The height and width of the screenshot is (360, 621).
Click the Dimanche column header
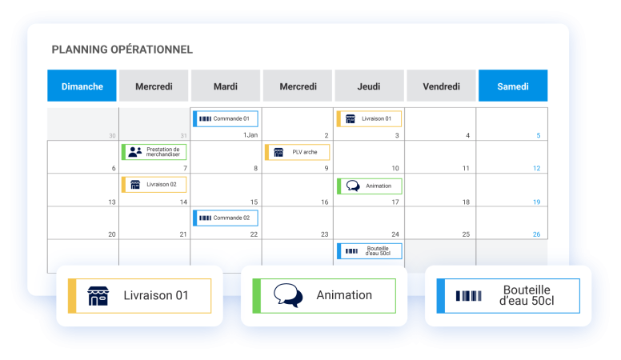(x=82, y=86)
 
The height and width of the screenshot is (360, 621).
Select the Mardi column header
(x=226, y=86)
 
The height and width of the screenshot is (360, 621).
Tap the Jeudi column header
(x=369, y=86)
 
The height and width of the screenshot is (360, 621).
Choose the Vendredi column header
(x=441, y=86)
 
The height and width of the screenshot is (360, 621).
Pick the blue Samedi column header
(x=513, y=86)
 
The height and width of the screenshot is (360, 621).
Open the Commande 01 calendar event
(x=226, y=119)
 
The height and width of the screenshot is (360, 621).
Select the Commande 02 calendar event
(x=226, y=218)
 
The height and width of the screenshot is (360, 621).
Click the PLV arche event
(x=297, y=152)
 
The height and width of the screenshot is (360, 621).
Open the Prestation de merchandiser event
(x=154, y=152)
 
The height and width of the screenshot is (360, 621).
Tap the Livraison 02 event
(x=154, y=185)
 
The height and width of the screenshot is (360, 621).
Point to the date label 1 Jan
(x=250, y=135)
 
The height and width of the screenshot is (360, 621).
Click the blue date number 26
(x=536, y=234)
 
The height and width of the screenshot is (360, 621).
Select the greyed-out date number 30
(x=113, y=136)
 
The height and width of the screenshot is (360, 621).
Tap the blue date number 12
(x=536, y=168)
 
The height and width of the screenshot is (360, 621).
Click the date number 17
(x=395, y=202)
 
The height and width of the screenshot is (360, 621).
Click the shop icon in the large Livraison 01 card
(x=98, y=296)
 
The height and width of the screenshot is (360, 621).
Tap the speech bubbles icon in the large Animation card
(x=288, y=295)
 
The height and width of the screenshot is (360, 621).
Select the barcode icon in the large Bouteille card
(x=468, y=296)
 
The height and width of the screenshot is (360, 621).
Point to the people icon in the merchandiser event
(x=135, y=152)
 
